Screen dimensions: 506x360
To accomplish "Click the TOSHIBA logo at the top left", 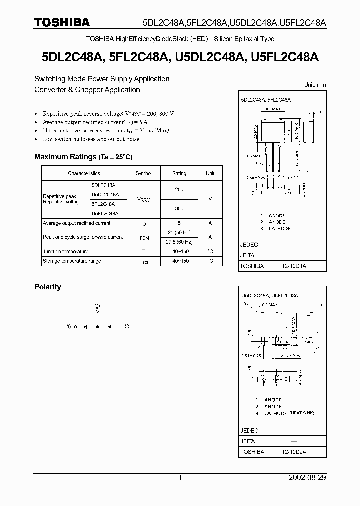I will click(62, 22).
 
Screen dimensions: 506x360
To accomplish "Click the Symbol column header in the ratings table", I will click(143, 173).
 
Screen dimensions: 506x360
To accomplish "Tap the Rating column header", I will click(179, 173).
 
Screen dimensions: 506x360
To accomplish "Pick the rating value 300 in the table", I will click(179, 208).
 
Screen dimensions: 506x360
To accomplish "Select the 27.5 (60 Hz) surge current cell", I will click(179, 242).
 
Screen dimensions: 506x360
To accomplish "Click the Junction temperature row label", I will click(65, 251).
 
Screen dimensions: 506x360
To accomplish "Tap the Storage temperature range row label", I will click(72, 261).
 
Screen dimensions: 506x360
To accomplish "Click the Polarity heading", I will click(48, 287).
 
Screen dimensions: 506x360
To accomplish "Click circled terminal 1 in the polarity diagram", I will click(68, 327).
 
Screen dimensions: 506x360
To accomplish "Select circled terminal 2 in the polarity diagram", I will click(126, 327).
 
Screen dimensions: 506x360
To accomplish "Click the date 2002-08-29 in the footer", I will click(307, 478).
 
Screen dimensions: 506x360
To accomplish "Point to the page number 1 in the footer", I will click(180, 478).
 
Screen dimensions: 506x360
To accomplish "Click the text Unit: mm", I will click(315, 85).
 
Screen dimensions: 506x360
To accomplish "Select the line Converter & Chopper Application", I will click(87, 90).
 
